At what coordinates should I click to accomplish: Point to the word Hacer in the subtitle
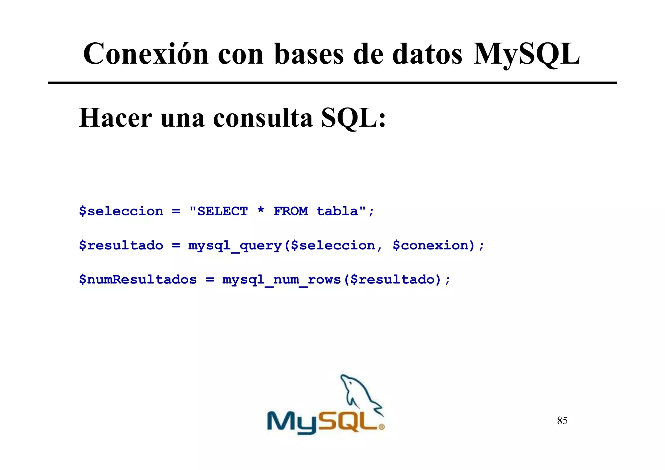pos(115,118)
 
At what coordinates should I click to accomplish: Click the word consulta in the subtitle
pos(263,118)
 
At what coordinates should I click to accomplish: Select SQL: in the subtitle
pos(353,118)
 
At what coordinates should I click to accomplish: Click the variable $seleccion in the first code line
pos(121,211)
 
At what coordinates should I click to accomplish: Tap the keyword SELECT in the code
pos(223,211)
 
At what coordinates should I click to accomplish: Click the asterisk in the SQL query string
pos(261,210)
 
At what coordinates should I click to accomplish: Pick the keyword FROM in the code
pos(291,211)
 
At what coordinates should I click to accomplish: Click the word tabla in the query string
pos(337,211)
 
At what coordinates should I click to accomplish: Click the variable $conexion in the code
pos(433,246)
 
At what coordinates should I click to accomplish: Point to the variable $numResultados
pos(138,280)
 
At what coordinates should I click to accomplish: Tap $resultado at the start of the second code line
pos(121,246)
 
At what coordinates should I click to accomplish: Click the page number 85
pos(562,421)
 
